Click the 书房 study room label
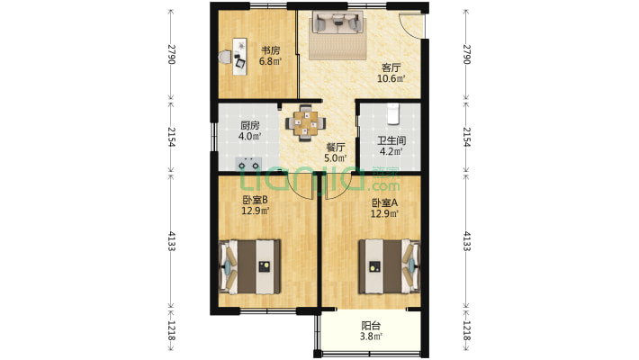click(270, 51)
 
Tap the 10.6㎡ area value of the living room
click(391, 78)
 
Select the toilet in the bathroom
click(393, 113)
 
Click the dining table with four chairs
click(306, 123)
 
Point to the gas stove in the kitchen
click(248, 165)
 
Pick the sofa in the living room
click(337, 22)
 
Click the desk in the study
click(239, 57)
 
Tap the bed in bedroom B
click(250, 267)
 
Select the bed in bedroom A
click(389, 267)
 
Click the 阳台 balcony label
click(371, 326)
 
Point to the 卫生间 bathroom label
click(391, 141)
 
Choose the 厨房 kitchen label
click(250, 126)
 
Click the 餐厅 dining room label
click(336, 148)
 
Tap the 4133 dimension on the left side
click(172, 241)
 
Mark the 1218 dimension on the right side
click(466, 330)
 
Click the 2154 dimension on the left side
click(172, 137)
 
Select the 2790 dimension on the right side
click(466, 54)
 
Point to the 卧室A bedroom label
click(384, 202)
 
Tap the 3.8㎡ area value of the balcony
click(371, 337)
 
